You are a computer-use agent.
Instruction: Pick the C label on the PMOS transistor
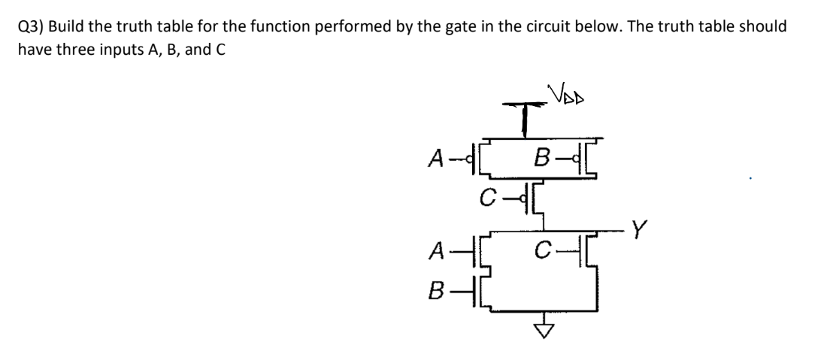coord(489,198)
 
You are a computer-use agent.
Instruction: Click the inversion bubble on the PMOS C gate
coord(510,200)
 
